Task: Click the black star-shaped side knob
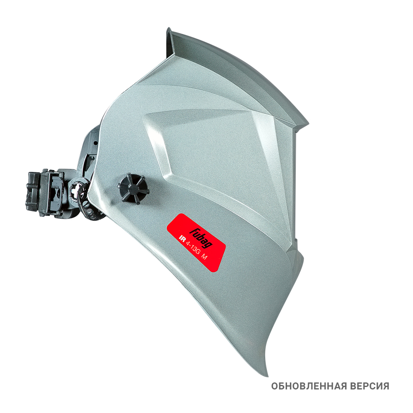(x=133, y=188)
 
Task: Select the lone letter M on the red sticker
(x=204, y=257)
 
